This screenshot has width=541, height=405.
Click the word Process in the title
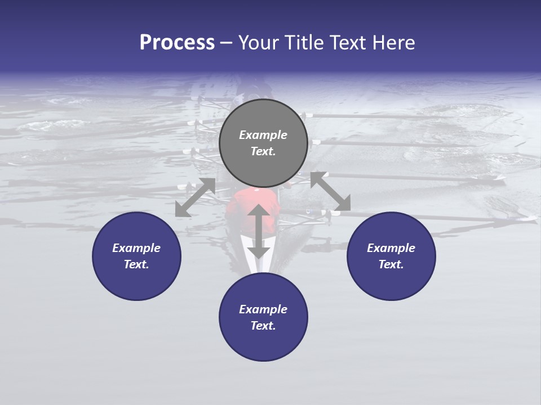[177, 43]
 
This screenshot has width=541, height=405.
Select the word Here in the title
[393, 43]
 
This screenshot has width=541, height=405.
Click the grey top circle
[263, 163]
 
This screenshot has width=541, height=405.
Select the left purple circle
[136, 281]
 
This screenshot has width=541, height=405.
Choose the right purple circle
[391, 281]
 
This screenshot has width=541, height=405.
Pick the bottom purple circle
[263, 343]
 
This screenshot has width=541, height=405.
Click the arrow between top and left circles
[196, 197]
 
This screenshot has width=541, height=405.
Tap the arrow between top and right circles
[331, 192]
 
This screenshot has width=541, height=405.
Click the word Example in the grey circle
[263, 135]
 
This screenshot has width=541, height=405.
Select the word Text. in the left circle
[136, 264]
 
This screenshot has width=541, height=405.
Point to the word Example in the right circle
[391, 248]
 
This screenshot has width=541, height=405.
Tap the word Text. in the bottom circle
[263, 326]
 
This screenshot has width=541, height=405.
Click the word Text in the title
[347, 43]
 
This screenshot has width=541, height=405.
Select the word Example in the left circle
[136, 248]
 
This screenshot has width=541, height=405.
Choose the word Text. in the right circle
[391, 264]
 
